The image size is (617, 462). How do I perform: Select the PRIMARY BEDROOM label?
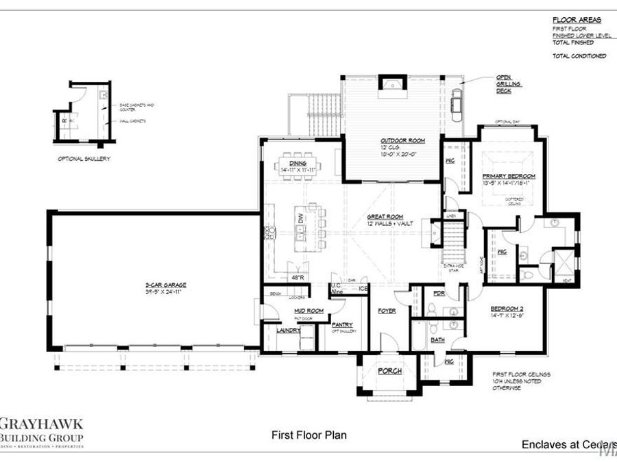pyautogui.click(x=508, y=176)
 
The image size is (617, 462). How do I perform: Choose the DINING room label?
pyautogui.click(x=297, y=164)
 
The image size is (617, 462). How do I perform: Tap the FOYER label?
pyautogui.click(x=387, y=311)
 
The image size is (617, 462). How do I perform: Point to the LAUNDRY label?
pyautogui.click(x=288, y=330)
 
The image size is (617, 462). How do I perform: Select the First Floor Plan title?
pyautogui.click(x=300, y=435)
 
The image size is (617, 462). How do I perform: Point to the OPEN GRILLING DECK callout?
pyautogui.click(x=509, y=84)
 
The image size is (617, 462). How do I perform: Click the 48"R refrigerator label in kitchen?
pyautogui.click(x=297, y=277)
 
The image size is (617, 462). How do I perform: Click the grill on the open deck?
pyautogui.click(x=457, y=103)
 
